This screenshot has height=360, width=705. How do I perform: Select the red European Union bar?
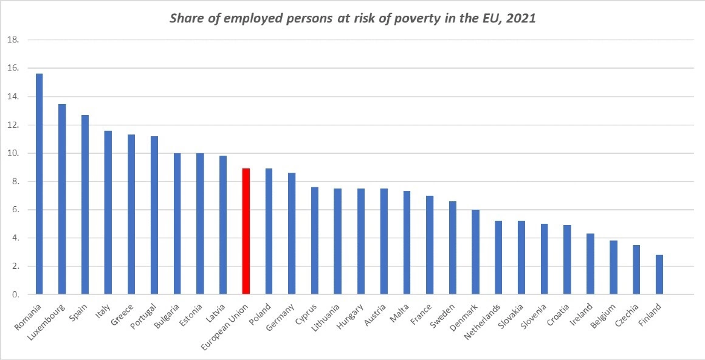(x=246, y=232)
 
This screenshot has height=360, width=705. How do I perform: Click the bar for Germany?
(x=292, y=234)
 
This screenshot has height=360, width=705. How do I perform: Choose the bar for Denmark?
(x=476, y=252)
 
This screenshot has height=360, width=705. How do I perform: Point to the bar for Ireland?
(x=590, y=265)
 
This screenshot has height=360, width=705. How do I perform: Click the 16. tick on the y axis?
(x=13, y=69)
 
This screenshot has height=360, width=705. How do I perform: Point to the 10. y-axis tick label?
(x=13, y=153)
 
